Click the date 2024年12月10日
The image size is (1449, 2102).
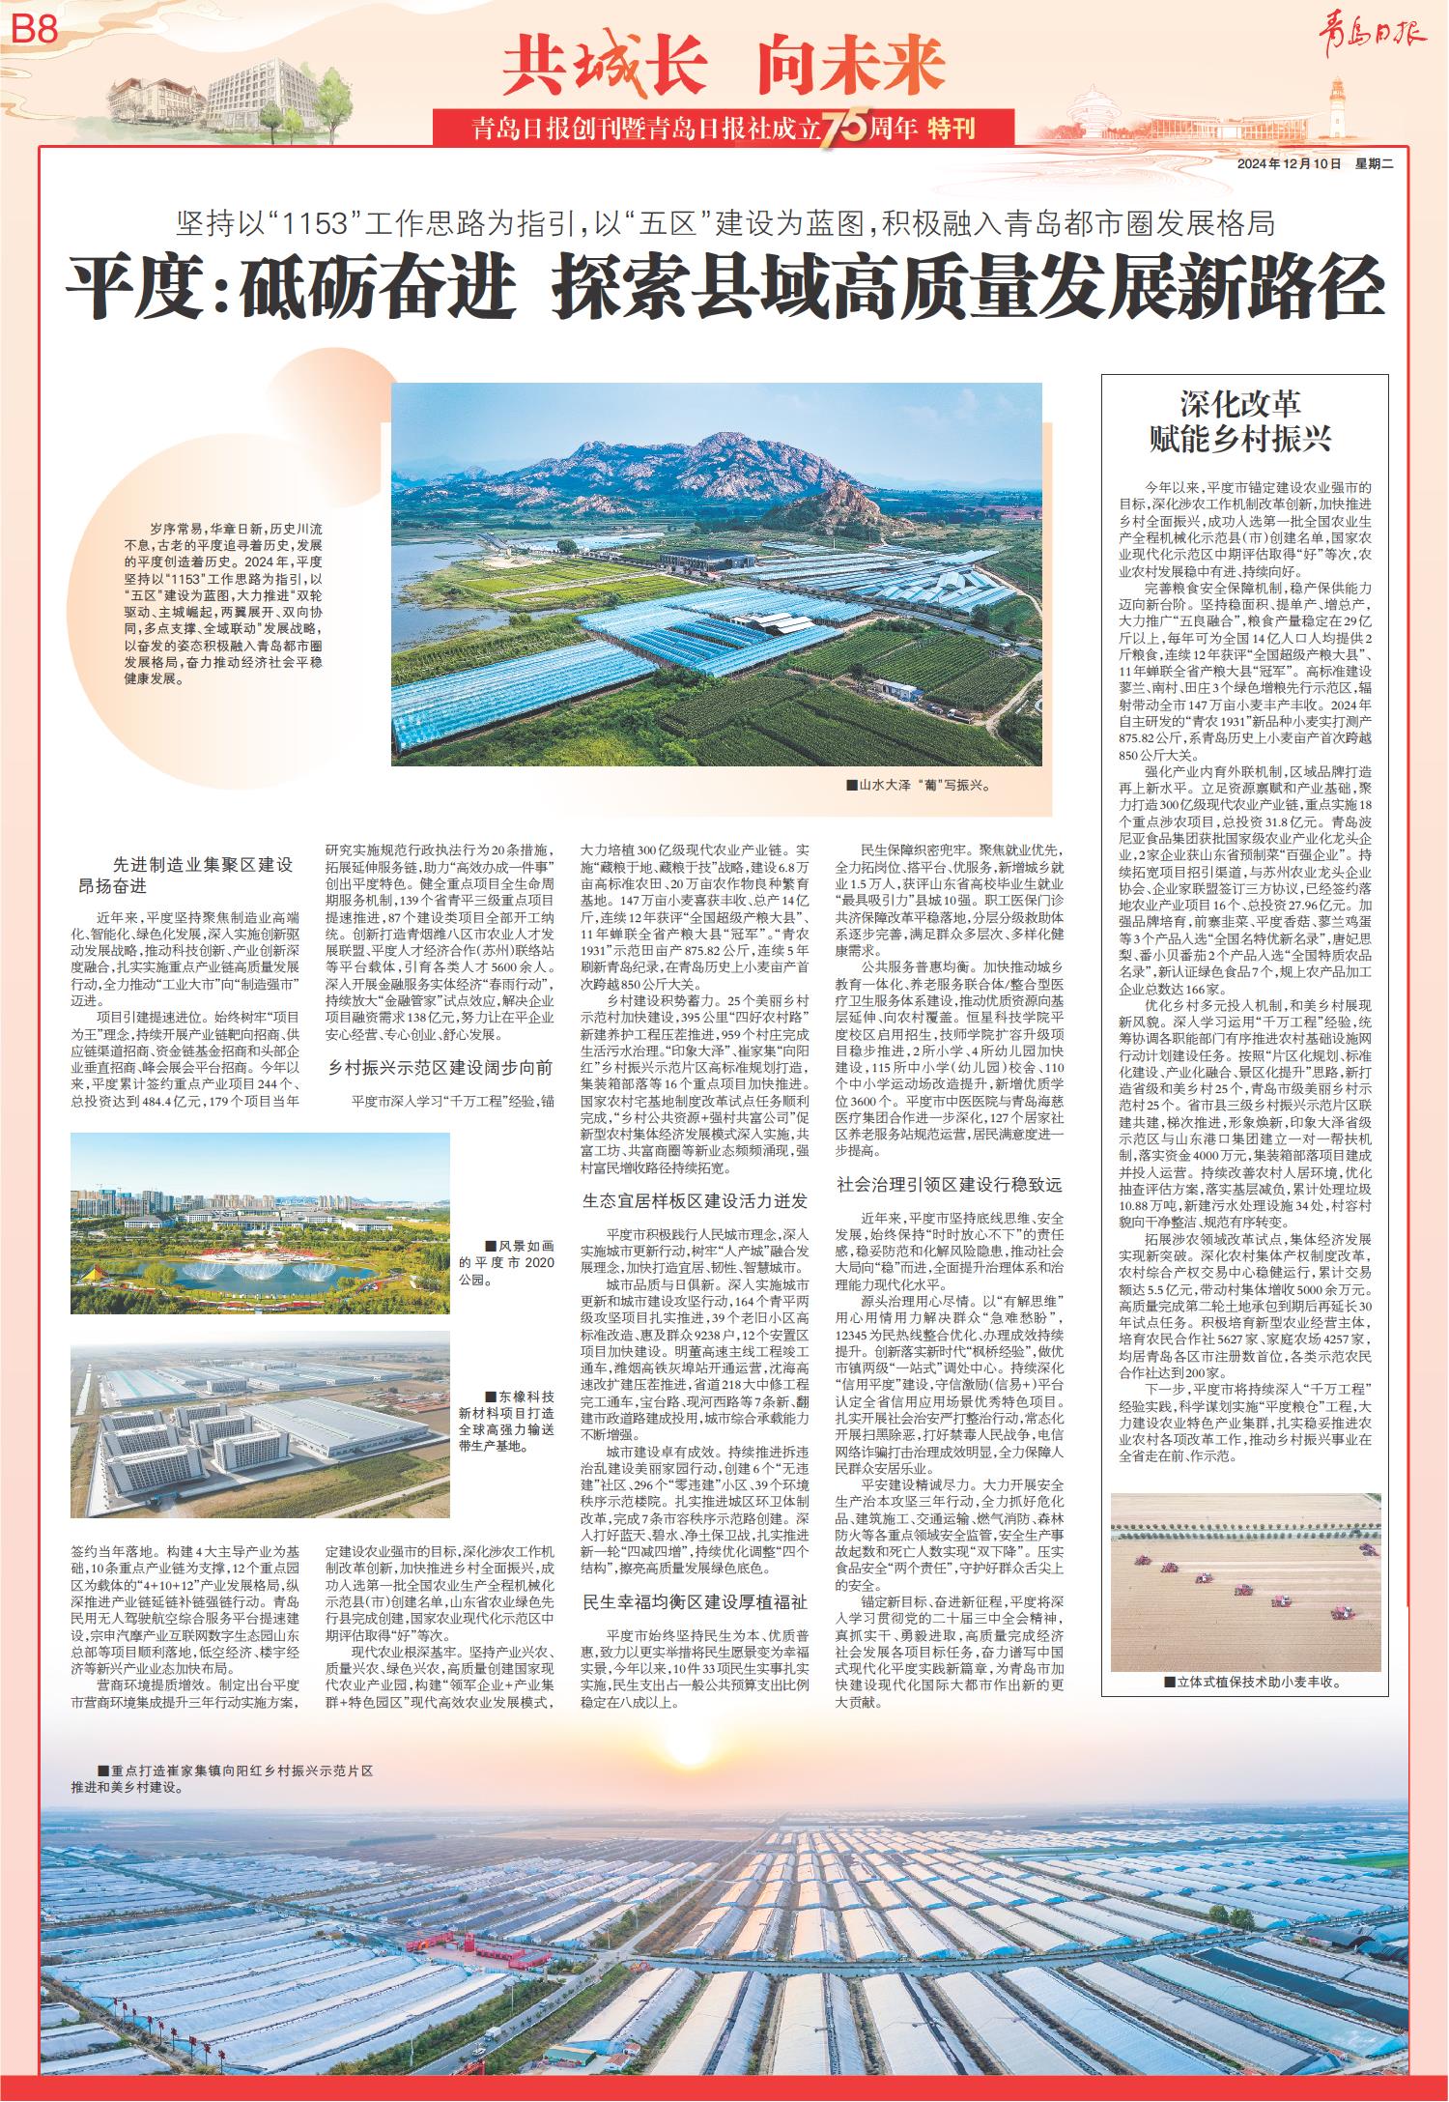pos(1290,164)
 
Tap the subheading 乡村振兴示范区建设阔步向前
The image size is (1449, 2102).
pos(440,1068)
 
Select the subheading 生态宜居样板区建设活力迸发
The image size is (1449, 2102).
pos(694,1201)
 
